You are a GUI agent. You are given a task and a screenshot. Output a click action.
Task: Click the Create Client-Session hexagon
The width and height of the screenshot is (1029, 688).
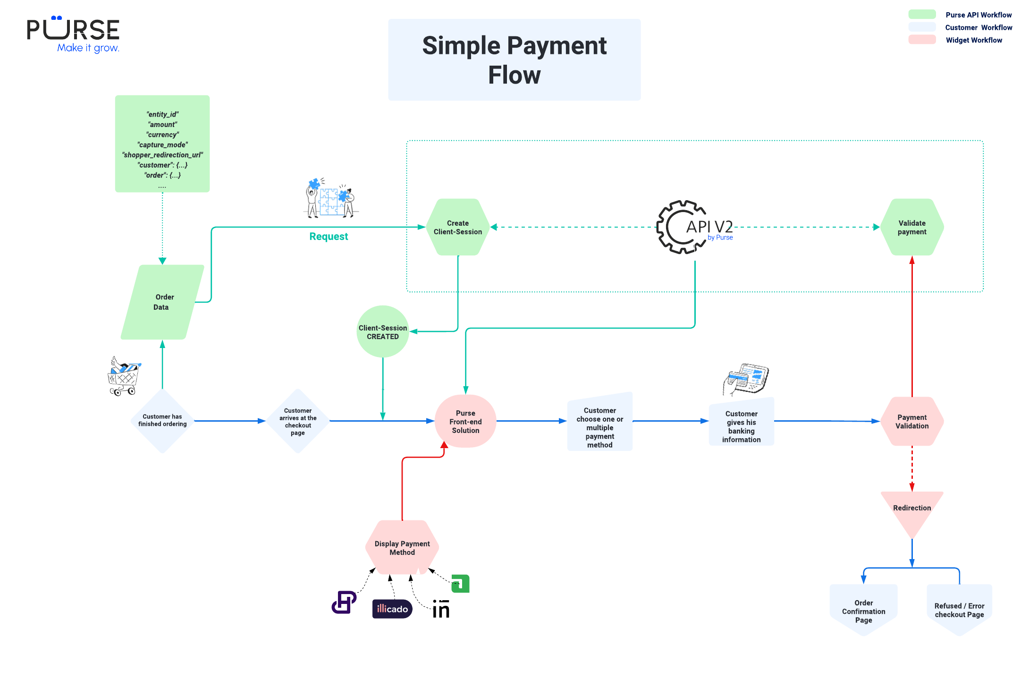[x=458, y=227]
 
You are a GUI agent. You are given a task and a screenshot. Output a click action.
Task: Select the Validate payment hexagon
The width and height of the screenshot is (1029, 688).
[x=912, y=227]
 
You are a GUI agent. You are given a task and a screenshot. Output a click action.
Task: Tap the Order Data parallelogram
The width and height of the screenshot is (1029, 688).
[x=162, y=302]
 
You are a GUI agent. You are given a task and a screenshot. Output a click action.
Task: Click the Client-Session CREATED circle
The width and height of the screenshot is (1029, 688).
[x=383, y=331]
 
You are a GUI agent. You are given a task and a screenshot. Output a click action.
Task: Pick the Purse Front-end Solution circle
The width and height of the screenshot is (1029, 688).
[x=465, y=421]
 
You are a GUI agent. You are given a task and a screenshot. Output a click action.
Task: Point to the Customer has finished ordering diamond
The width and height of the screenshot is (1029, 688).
[x=162, y=420]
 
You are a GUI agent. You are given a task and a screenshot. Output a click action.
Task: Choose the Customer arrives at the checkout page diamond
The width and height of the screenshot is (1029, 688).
[x=298, y=421]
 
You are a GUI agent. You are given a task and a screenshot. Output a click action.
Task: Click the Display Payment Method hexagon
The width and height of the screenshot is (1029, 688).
[x=402, y=548]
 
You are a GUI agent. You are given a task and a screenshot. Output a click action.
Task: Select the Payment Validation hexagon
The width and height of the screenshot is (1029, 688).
[x=912, y=421]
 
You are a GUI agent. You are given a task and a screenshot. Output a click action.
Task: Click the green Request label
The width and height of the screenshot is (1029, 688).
[x=329, y=237]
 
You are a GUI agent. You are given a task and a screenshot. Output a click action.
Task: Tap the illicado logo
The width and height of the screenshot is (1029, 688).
[x=392, y=609]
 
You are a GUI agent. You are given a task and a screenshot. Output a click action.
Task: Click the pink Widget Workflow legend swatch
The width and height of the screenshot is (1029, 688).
[x=922, y=40]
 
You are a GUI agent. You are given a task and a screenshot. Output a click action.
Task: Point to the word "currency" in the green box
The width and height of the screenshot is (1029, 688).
[x=162, y=135]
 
